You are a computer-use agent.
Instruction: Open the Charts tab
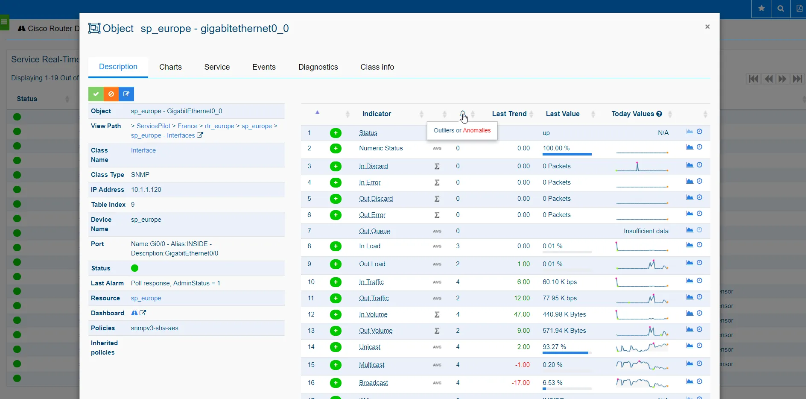170,67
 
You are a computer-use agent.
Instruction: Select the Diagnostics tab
318,67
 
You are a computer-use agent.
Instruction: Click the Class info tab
377,67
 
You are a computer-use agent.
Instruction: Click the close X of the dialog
707,27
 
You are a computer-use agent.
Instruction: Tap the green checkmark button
96,94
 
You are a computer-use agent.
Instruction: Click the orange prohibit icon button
111,94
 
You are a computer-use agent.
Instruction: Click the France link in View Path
187,126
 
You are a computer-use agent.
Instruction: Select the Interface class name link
143,150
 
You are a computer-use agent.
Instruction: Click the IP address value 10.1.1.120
146,190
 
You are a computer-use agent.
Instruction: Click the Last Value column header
562,114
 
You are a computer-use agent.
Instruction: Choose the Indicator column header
377,114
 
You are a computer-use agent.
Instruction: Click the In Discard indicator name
373,167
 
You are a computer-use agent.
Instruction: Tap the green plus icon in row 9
336,264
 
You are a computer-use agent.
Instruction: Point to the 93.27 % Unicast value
554,347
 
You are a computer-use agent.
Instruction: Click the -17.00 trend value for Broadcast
520,383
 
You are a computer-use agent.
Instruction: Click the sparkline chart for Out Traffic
642,299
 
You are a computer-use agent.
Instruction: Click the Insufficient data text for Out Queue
646,231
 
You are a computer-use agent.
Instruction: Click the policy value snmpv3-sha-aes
155,328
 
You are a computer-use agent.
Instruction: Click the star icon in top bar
761,9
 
